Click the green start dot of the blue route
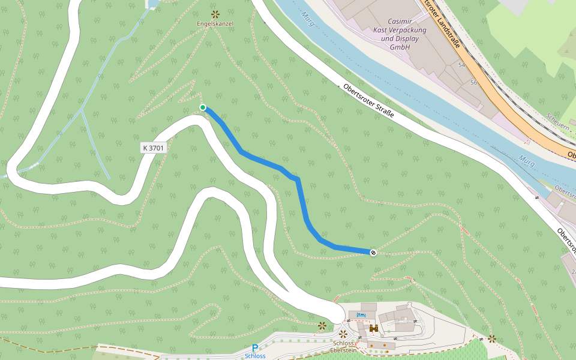point(203,107)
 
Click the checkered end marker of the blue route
point(373,253)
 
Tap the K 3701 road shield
point(153,148)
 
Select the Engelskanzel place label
point(215,23)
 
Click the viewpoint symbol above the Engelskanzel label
point(215,13)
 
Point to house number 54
point(461,65)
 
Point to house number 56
point(473,82)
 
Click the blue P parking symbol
point(255,348)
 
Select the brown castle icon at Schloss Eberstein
point(373,328)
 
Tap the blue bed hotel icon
point(361,315)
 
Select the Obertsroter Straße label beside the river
point(368,101)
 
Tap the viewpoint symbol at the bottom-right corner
point(492,339)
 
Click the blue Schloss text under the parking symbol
point(255,356)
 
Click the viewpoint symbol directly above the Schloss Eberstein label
point(343,334)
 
